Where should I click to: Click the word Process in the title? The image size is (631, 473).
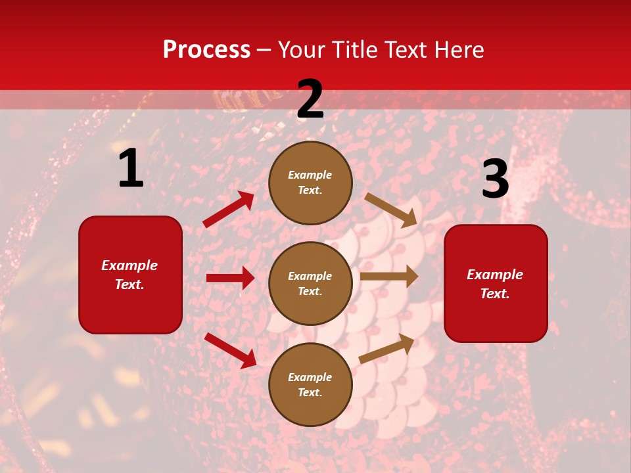206,50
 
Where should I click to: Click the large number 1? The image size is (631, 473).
131,169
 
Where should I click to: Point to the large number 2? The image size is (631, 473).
310,100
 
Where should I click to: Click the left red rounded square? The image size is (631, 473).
130,275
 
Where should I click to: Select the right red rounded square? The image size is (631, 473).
496,284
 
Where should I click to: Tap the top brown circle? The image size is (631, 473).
310,183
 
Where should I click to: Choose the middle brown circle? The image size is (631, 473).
310,284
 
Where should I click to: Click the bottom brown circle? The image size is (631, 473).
310,385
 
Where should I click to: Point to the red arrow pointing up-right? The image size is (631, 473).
229,209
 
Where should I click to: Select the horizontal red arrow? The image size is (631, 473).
230,278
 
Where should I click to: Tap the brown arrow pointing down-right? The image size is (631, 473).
391,210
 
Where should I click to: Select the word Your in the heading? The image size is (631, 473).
302,50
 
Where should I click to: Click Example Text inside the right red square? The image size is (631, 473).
495,284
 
